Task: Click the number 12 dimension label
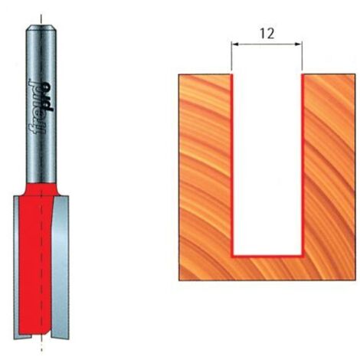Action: [x=267, y=34]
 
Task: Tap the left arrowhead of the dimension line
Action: [x=234, y=44]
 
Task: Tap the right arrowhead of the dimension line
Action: [x=299, y=44]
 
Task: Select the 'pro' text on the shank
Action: [x=47, y=97]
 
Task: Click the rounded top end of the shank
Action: [x=41, y=28]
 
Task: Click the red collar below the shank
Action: [x=41, y=189]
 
